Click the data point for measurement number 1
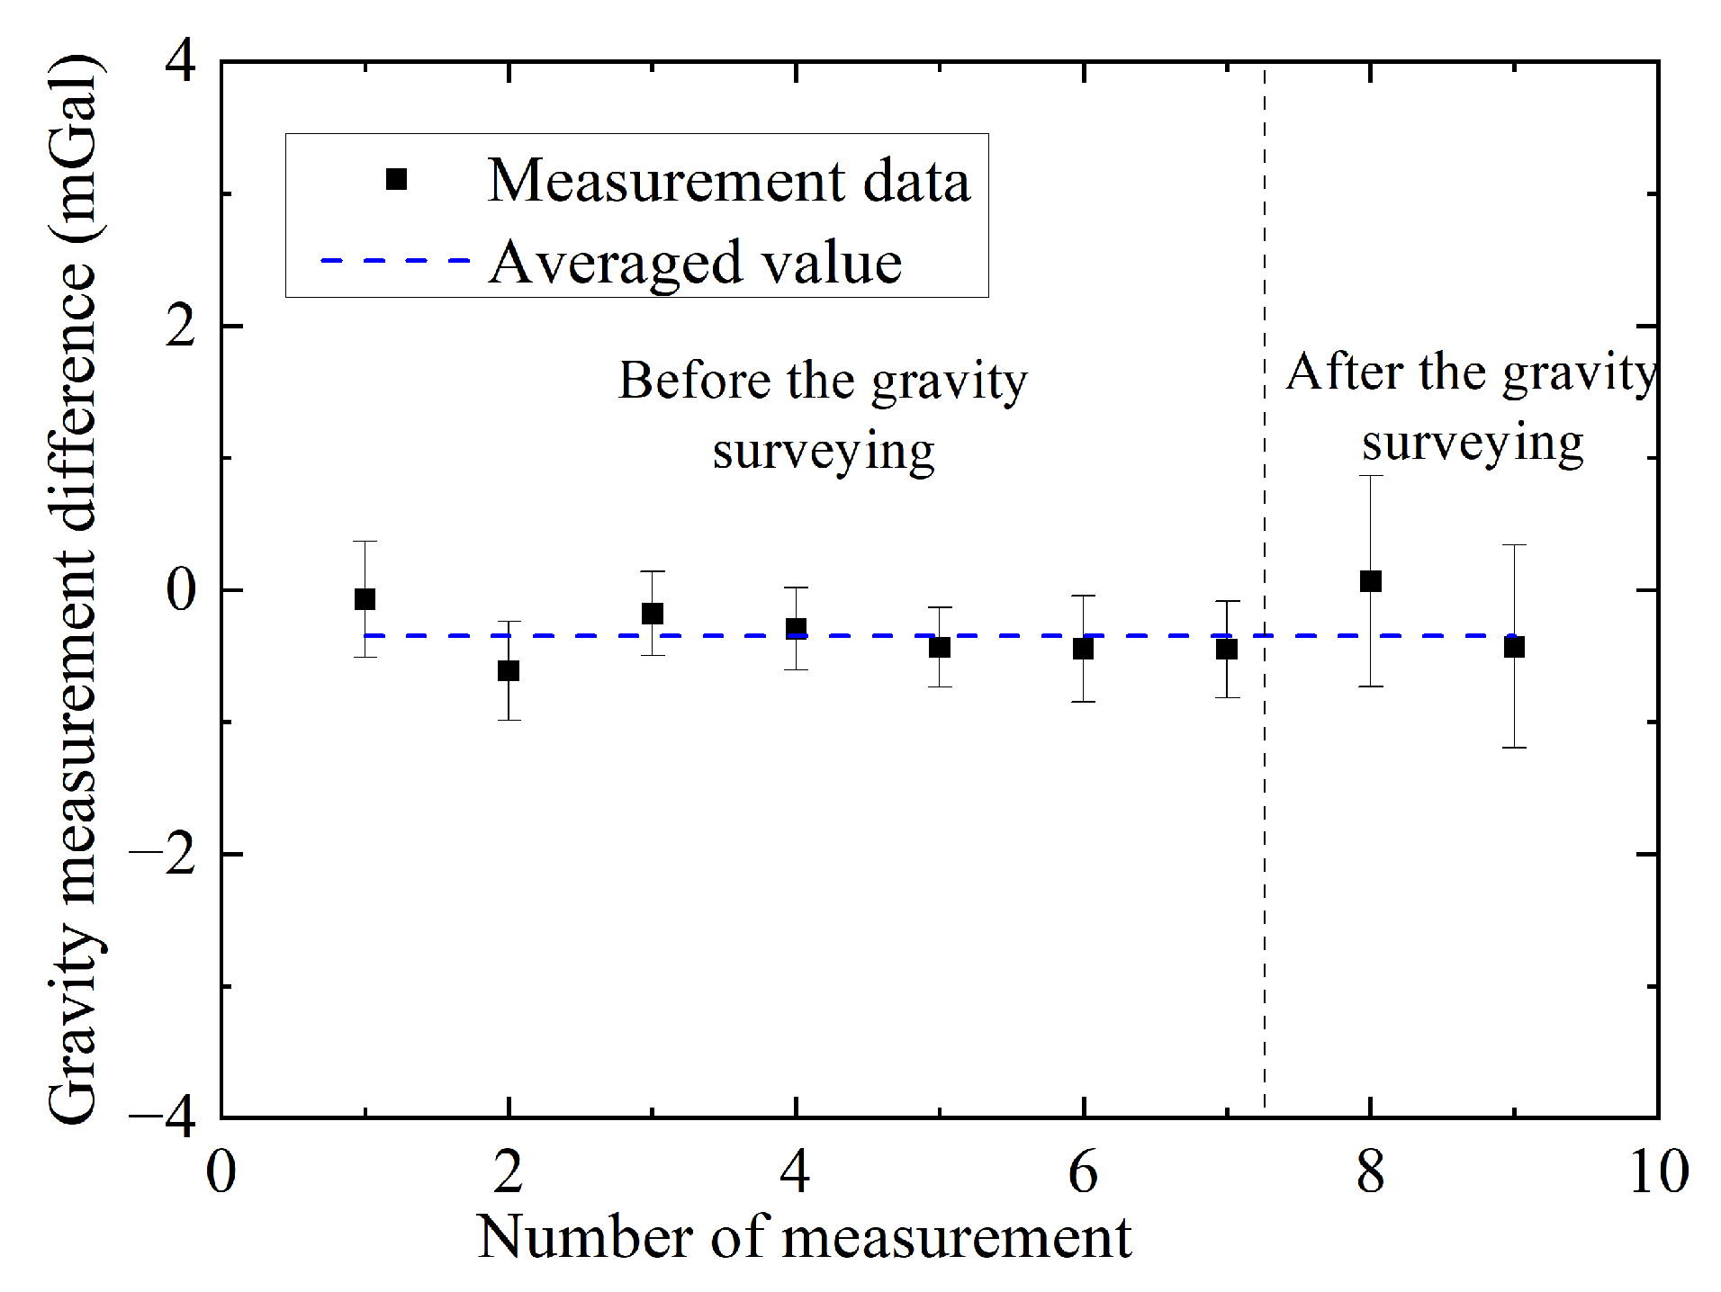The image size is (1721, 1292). [365, 599]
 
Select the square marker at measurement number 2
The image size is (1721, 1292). [509, 670]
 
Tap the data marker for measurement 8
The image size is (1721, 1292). [1371, 581]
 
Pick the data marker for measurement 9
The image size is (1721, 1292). [1514, 647]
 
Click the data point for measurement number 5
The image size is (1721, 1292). [940, 647]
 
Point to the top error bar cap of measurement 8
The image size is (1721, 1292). [1371, 476]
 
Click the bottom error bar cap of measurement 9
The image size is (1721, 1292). [1514, 748]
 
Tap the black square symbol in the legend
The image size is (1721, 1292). [396, 180]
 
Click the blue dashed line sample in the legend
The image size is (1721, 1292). [395, 261]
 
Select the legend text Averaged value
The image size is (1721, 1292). [695, 263]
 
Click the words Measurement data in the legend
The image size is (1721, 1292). [729, 181]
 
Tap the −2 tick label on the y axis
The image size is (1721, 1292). [164, 855]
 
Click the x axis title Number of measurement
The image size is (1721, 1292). [804, 1238]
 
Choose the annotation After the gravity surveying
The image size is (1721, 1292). [1471, 407]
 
